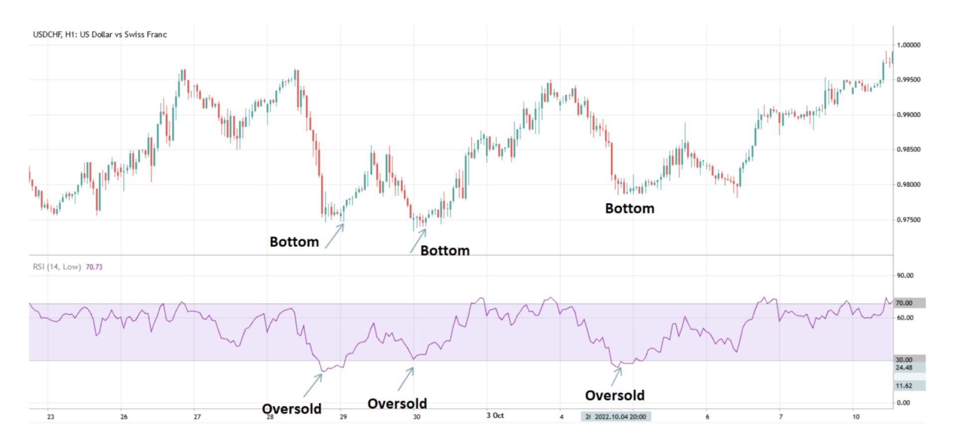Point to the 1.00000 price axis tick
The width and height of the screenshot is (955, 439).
pos(908,45)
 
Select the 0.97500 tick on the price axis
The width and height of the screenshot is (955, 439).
pos(908,220)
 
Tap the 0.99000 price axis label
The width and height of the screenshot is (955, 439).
pos(908,115)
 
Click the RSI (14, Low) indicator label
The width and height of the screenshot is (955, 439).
pos(57,267)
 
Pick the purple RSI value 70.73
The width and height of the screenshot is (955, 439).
pos(94,267)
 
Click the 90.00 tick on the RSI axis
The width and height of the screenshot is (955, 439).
pos(905,275)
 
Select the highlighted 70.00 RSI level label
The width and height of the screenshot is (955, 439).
pos(905,303)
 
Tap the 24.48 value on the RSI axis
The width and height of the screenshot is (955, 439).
pos(904,368)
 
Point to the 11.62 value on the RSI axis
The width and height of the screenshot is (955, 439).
pos(904,386)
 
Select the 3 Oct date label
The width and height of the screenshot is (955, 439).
pos(495,415)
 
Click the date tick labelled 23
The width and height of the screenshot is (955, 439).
pos(51,417)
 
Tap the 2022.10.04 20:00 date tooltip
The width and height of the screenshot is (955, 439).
pos(620,417)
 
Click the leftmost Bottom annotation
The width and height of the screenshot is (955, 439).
pos(294,242)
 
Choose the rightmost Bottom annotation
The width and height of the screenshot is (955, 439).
pos(629,209)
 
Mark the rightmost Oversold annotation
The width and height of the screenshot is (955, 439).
pos(614,396)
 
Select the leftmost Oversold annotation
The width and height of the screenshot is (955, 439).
pos(291,409)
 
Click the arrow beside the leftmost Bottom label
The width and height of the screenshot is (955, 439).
pos(335,236)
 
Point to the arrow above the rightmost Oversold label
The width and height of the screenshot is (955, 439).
pos(616,376)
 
